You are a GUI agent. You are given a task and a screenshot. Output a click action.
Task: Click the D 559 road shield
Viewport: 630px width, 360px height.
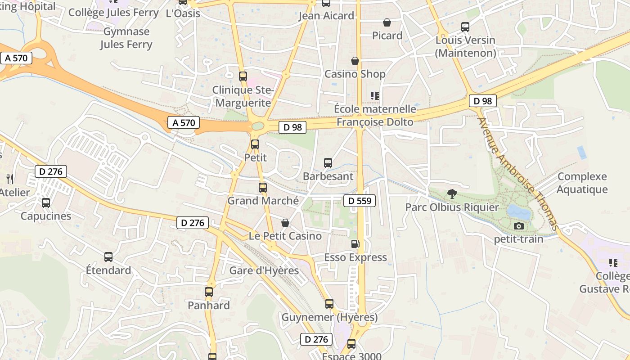tap(360, 201)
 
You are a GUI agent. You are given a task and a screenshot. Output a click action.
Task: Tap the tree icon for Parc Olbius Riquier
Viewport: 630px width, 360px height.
tap(452, 194)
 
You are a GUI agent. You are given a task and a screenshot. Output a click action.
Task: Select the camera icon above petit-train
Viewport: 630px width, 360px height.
tap(519, 226)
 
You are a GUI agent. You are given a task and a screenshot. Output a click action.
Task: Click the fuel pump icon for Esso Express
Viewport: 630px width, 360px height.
tap(355, 244)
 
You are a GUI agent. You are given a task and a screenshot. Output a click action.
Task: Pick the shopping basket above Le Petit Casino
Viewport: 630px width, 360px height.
tap(285, 223)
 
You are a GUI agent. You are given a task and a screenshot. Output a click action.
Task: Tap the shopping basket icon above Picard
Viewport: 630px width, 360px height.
tap(387, 22)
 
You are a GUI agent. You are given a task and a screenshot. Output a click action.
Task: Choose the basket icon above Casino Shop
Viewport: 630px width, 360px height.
tap(355, 60)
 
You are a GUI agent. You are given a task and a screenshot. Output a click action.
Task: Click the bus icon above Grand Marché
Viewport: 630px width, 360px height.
tap(263, 188)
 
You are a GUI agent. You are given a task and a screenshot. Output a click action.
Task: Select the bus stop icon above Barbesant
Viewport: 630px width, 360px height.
tap(328, 163)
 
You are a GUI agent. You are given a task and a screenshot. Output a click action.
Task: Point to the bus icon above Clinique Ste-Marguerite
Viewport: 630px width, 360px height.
tap(243, 76)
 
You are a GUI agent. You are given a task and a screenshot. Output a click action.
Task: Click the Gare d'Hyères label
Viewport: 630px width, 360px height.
tap(264, 270)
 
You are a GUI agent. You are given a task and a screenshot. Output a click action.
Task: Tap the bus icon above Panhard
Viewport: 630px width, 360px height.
tap(209, 292)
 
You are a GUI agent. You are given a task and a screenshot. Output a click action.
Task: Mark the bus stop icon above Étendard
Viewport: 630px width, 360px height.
tap(108, 257)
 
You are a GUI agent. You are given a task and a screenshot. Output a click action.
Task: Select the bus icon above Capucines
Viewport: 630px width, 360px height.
tap(46, 202)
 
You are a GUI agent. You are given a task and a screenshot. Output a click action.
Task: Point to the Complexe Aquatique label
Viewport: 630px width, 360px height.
tap(582, 183)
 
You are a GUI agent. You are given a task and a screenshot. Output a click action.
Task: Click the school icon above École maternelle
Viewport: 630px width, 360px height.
tap(374, 95)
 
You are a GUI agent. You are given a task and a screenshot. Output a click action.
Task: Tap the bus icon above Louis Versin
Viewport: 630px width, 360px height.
tap(465, 27)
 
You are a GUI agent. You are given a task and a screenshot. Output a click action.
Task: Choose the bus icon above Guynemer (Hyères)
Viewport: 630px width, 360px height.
tap(329, 304)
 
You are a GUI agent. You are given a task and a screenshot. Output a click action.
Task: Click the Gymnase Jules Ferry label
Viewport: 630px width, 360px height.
tap(126, 38)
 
